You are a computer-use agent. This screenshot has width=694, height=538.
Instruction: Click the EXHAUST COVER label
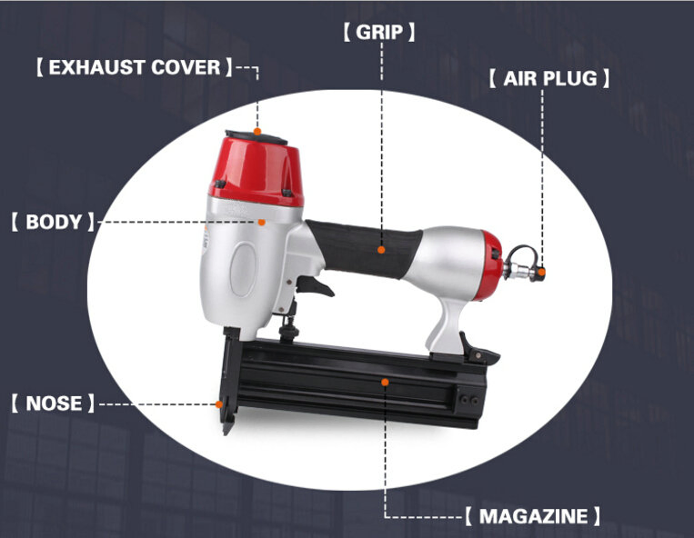click(x=134, y=67)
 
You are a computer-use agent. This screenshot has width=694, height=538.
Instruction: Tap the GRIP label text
click(x=379, y=33)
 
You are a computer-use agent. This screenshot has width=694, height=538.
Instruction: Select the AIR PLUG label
click(x=549, y=79)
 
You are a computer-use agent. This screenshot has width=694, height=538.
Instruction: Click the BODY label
click(x=54, y=222)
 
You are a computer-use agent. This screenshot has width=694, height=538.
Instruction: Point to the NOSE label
click(x=54, y=403)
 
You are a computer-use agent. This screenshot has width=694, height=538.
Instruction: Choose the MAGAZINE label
click(x=533, y=516)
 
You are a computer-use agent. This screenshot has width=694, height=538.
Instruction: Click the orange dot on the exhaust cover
click(x=257, y=131)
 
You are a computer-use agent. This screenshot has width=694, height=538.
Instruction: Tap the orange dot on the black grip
click(x=381, y=250)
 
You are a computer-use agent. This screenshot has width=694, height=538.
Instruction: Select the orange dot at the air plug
click(x=542, y=272)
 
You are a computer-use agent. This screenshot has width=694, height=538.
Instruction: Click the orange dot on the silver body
click(x=262, y=222)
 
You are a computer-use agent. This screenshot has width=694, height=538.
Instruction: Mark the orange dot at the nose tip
click(x=218, y=404)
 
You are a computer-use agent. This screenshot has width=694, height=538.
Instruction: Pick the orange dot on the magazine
click(x=385, y=382)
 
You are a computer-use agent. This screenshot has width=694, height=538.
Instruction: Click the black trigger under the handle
click(x=315, y=285)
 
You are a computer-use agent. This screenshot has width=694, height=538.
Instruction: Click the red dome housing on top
click(x=257, y=172)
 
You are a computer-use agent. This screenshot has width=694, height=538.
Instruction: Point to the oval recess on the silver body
click(x=243, y=269)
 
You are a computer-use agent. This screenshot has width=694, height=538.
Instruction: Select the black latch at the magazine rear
click(x=478, y=349)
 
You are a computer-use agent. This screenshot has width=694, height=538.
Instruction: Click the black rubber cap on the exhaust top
click(x=256, y=137)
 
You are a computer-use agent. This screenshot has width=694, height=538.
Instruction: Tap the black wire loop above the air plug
click(x=523, y=255)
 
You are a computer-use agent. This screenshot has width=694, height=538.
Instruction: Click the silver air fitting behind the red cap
click(x=518, y=271)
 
